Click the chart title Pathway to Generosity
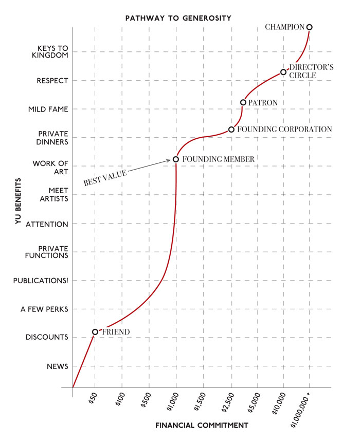[178, 18]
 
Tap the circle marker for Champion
[309, 27]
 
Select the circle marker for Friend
[95, 332]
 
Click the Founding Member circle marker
[176, 159]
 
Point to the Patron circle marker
[243, 102]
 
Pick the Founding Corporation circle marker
[231, 130]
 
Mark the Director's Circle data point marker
[283, 72]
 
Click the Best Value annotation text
[105, 177]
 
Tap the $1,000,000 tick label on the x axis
[301, 409]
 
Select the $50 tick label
[92, 399]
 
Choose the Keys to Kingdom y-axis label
[50, 51]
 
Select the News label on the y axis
[58, 366]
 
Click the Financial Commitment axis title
[202, 426]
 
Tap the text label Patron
[263, 103]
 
